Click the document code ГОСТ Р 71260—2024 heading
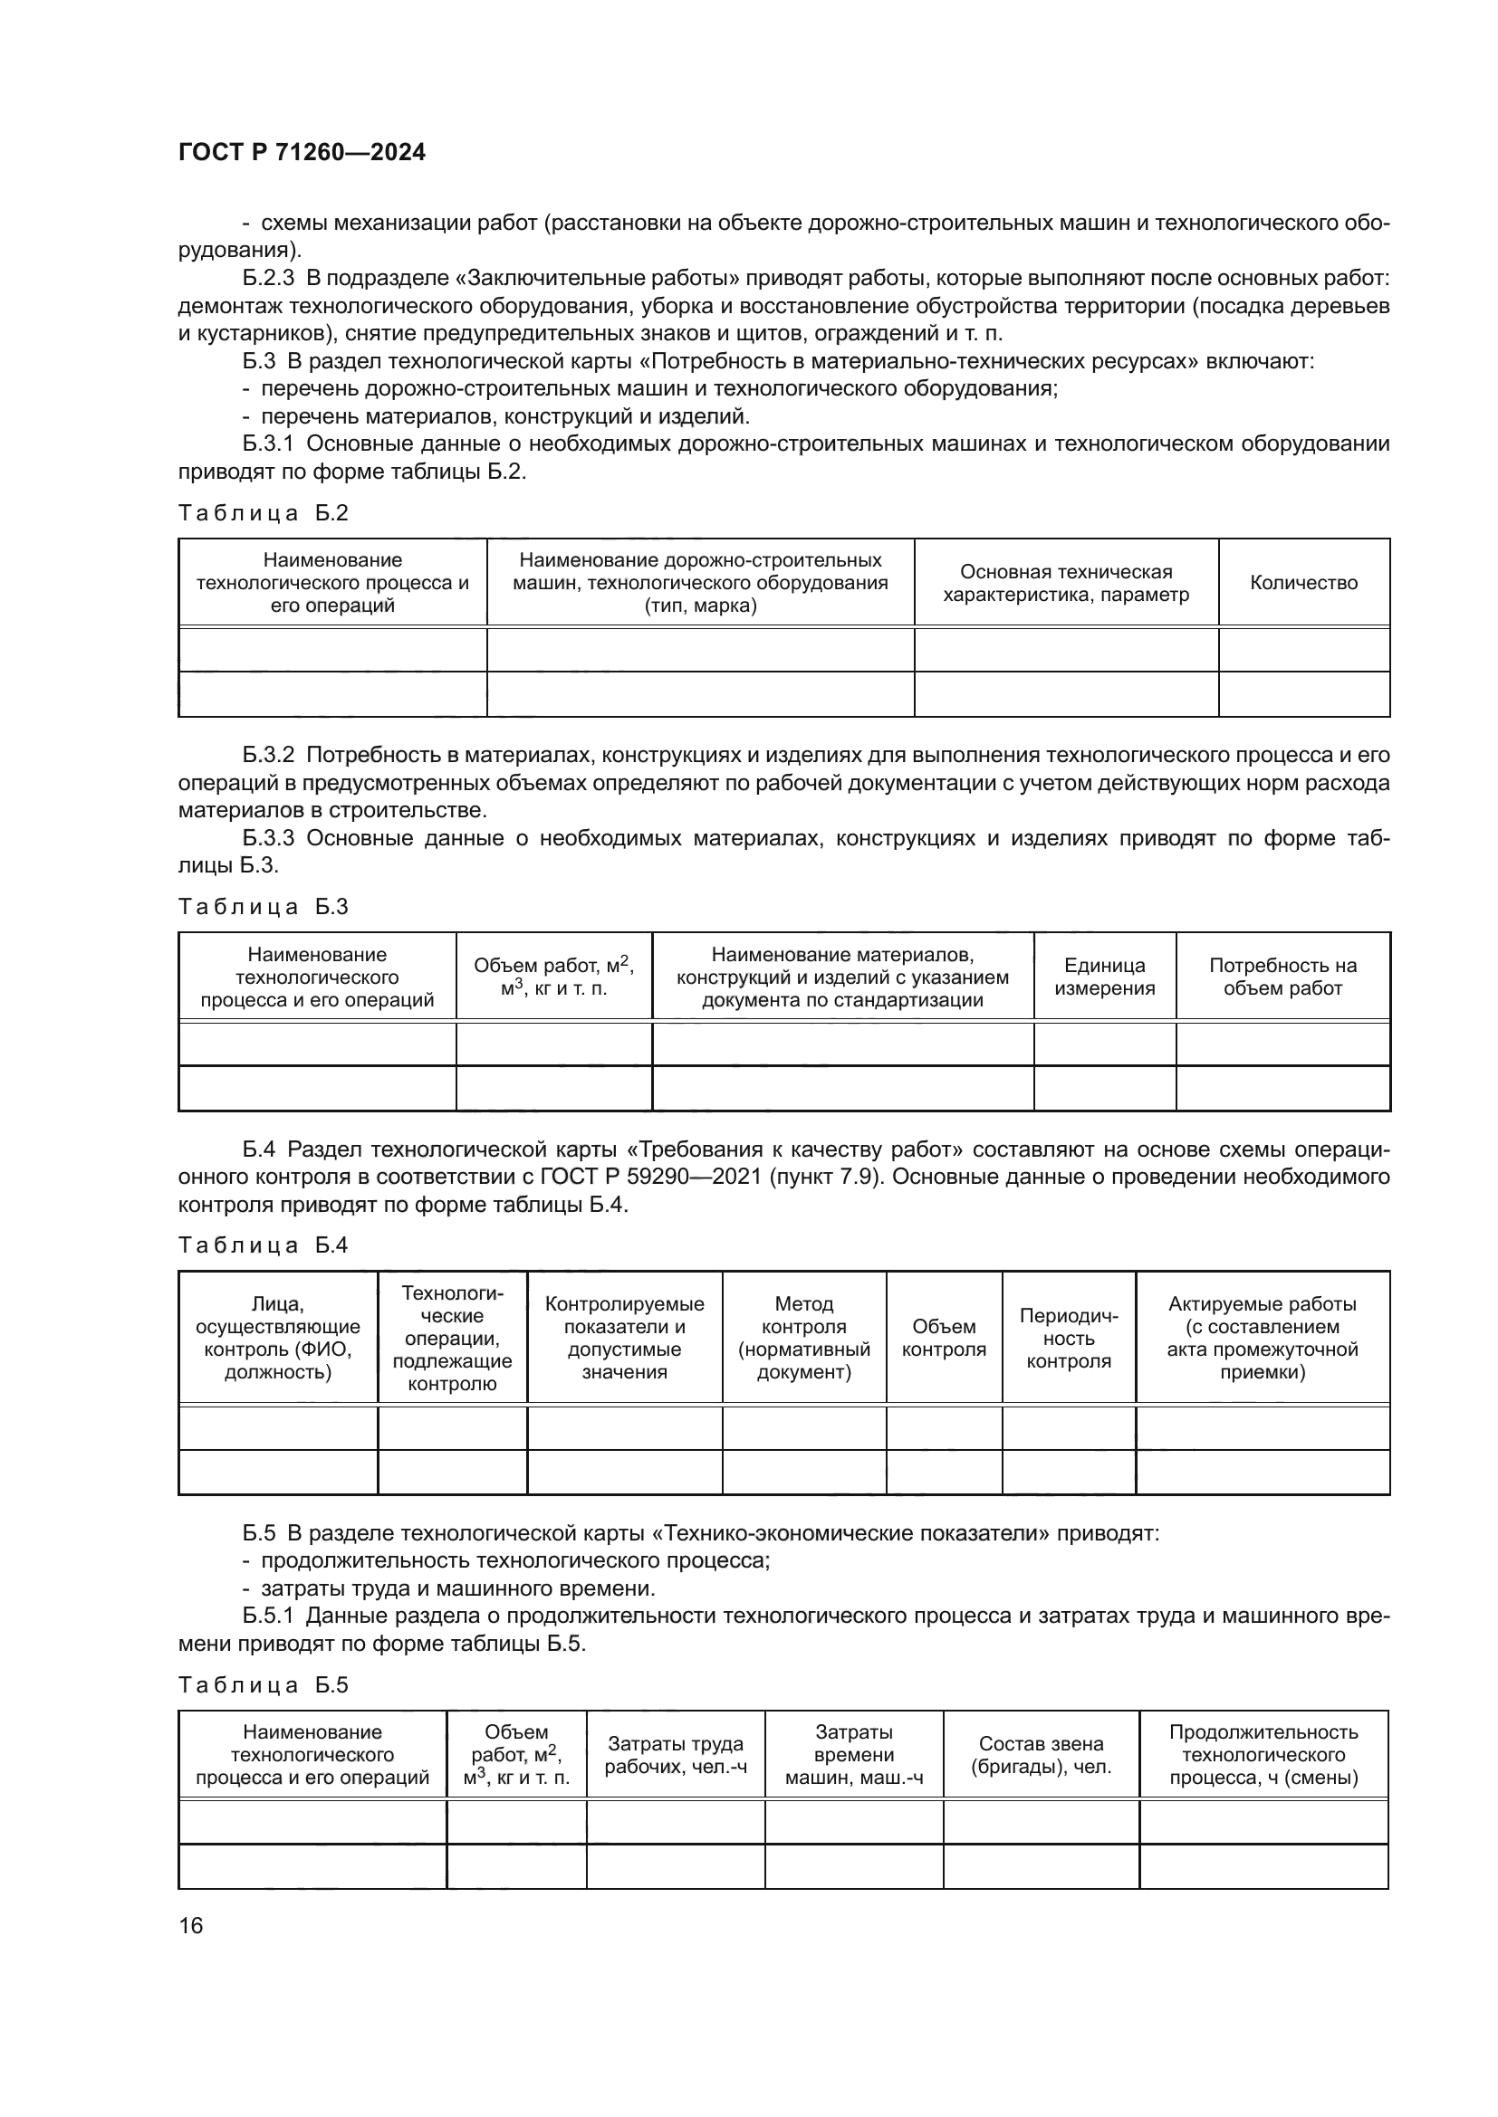[302, 152]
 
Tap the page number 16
[191, 1925]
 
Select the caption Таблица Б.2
[263, 513]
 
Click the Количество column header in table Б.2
[1303, 583]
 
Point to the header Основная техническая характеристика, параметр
[1065, 583]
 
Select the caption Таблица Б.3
[263, 907]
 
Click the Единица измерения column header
[1104, 977]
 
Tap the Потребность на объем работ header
[1282, 977]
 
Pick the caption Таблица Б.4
[263, 1245]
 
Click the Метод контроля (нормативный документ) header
[803, 1338]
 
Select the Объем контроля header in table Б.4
[944, 1338]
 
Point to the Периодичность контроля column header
[1068, 1338]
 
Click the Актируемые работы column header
[1262, 1338]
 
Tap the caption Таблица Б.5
[263, 1685]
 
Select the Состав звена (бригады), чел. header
[1041, 1756]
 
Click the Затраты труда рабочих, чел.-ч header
[676, 1756]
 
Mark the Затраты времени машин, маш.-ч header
[853, 1756]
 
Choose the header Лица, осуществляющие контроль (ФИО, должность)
[278, 1338]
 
